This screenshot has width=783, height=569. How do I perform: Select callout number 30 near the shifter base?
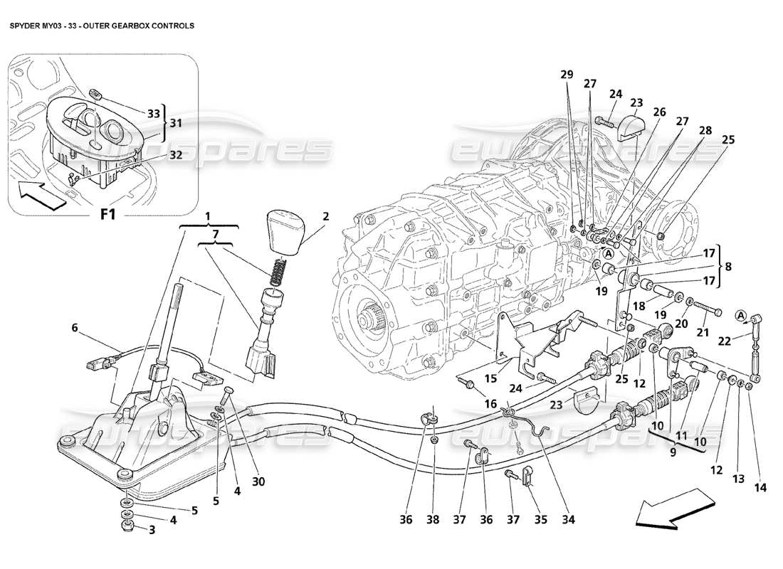pos(258,482)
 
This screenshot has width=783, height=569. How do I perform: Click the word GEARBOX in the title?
pos(126,25)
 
